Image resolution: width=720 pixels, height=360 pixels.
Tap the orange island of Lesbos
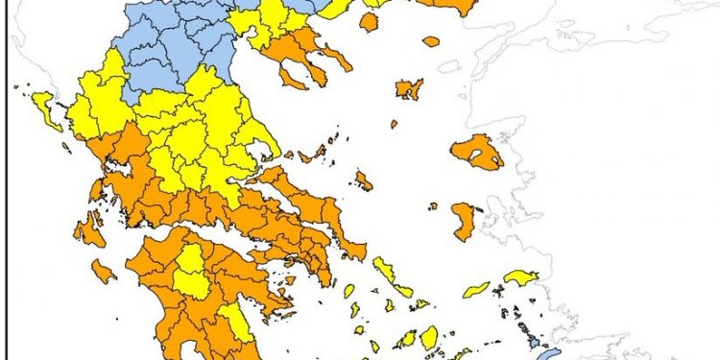coord(477,152)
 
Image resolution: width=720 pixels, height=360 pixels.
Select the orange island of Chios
coord(464,221)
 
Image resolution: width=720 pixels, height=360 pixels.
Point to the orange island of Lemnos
coord(409,89)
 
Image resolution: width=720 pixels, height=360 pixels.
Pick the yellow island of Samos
coord(521,277)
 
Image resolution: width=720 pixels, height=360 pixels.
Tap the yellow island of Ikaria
coord(476,289)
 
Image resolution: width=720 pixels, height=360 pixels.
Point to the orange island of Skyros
coord(364,180)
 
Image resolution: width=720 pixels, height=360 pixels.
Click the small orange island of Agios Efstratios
coord(394,124)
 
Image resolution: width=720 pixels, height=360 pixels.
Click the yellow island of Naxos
coord(429,337)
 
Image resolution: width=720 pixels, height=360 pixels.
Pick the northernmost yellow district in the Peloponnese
coord(192,271)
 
